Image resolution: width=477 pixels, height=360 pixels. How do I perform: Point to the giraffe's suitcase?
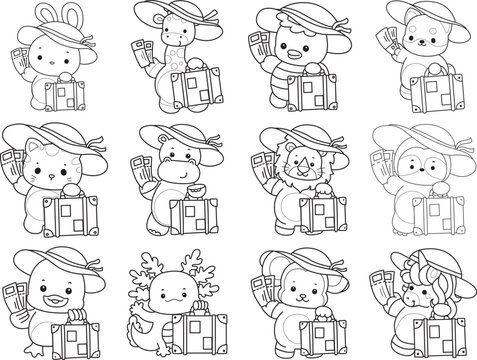[x=186, y=93]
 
